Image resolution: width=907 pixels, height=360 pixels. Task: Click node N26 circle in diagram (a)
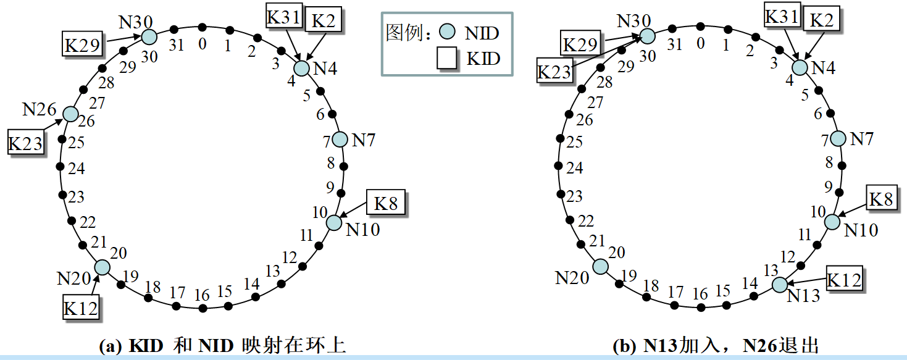click(x=70, y=114)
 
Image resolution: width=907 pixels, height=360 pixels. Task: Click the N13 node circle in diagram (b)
click(x=780, y=285)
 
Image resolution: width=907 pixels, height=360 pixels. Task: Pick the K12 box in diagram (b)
click(x=843, y=279)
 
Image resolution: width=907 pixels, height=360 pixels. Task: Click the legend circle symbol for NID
click(x=448, y=32)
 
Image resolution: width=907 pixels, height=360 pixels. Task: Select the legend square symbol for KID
click(x=447, y=59)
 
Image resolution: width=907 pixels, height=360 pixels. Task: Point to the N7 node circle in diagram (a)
click(x=340, y=140)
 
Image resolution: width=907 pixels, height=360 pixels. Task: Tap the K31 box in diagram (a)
click(x=283, y=17)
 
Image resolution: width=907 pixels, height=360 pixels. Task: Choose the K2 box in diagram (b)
click(x=821, y=20)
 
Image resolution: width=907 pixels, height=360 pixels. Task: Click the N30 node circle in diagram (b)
click(x=646, y=36)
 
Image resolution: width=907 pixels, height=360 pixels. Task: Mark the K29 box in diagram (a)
click(x=83, y=44)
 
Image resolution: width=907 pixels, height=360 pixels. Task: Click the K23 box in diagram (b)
click(x=554, y=71)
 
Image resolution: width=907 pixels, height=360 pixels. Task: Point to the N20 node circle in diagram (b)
click(x=600, y=266)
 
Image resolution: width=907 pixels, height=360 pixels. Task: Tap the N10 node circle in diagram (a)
click(x=333, y=222)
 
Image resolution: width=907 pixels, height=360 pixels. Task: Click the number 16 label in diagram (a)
click(x=202, y=295)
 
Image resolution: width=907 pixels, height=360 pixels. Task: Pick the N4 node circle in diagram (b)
click(x=800, y=68)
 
